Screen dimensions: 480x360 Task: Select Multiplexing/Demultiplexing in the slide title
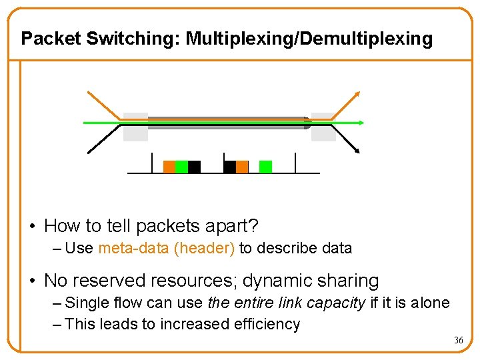[x=309, y=39]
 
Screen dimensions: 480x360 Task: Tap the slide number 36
[x=458, y=341]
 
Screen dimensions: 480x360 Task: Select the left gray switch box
[x=135, y=127]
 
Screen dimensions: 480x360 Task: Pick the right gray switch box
[x=324, y=127]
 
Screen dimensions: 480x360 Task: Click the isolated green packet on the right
[x=265, y=167]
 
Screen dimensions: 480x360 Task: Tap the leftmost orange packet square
[x=169, y=167]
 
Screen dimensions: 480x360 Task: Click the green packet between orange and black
[x=181, y=167]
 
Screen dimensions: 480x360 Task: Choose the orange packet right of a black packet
[x=242, y=167]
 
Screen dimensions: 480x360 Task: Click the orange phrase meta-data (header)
[x=166, y=249]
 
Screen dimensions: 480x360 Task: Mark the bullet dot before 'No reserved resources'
[x=33, y=281]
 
